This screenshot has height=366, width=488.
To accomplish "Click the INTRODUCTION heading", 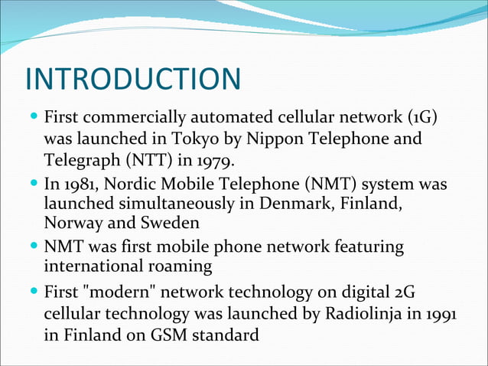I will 133,80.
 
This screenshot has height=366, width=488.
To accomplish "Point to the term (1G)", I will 425,119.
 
